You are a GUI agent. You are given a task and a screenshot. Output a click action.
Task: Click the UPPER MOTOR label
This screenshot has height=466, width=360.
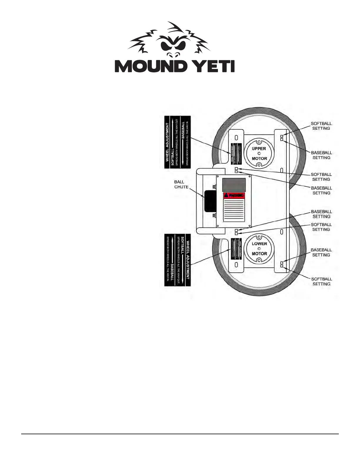pyautogui.click(x=259, y=153)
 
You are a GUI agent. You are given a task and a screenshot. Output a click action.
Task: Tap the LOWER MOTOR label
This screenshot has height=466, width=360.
pyautogui.click(x=259, y=249)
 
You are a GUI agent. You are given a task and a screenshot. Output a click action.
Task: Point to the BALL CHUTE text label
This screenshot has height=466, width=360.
pyautogui.click(x=181, y=184)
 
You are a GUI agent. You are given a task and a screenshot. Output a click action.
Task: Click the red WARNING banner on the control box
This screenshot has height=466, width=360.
pyautogui.click(x=234, y=195)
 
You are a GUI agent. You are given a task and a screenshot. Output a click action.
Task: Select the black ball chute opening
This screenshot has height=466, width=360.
pyautogui.click(x=210, y=201)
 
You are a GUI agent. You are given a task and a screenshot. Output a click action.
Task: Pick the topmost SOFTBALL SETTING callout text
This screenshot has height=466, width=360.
pyautogui.click(x=321, y=126)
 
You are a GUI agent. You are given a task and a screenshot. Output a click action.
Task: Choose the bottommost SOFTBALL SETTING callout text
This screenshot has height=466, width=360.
pyautogui.click(x=321, y=282)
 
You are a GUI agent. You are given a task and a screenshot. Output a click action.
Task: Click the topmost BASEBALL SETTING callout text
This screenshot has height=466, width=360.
pyautogui.click(x=321, y=155)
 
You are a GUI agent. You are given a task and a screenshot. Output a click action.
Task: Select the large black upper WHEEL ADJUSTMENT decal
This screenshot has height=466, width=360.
pyautogui.click(x=177, y=142)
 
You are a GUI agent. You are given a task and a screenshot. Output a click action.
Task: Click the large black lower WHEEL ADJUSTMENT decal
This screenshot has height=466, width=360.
pyautogui.click(x=177, y=260)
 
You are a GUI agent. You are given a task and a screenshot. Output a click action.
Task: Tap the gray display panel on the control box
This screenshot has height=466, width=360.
pyautogui.click(x=234, y=185)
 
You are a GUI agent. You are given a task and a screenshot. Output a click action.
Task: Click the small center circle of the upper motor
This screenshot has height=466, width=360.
pyautogui.click(x=259, y=154)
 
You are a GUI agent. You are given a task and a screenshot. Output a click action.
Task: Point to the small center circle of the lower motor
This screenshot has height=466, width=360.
pyautogui.click(x=259, y=249)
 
